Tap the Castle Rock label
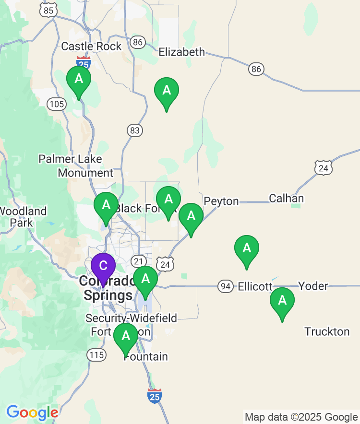click(91, 47)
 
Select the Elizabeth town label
click(181, 52)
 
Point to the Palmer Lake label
click(70, 159)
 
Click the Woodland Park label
click(23, 217)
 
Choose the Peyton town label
click(221, 201)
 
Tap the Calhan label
click(286, 199)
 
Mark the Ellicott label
click(255, 286)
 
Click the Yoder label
click(313, 286)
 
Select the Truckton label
click(327, 331)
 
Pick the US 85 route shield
click(48, 10)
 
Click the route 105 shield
click(56, 104)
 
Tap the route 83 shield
click(135, 130)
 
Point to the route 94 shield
click(225, 287)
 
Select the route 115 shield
click(96, 355)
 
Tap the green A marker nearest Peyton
click(191, 216)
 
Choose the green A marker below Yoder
click(282, 301)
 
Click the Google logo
click(32, 412)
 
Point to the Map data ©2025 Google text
click(301, 417)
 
